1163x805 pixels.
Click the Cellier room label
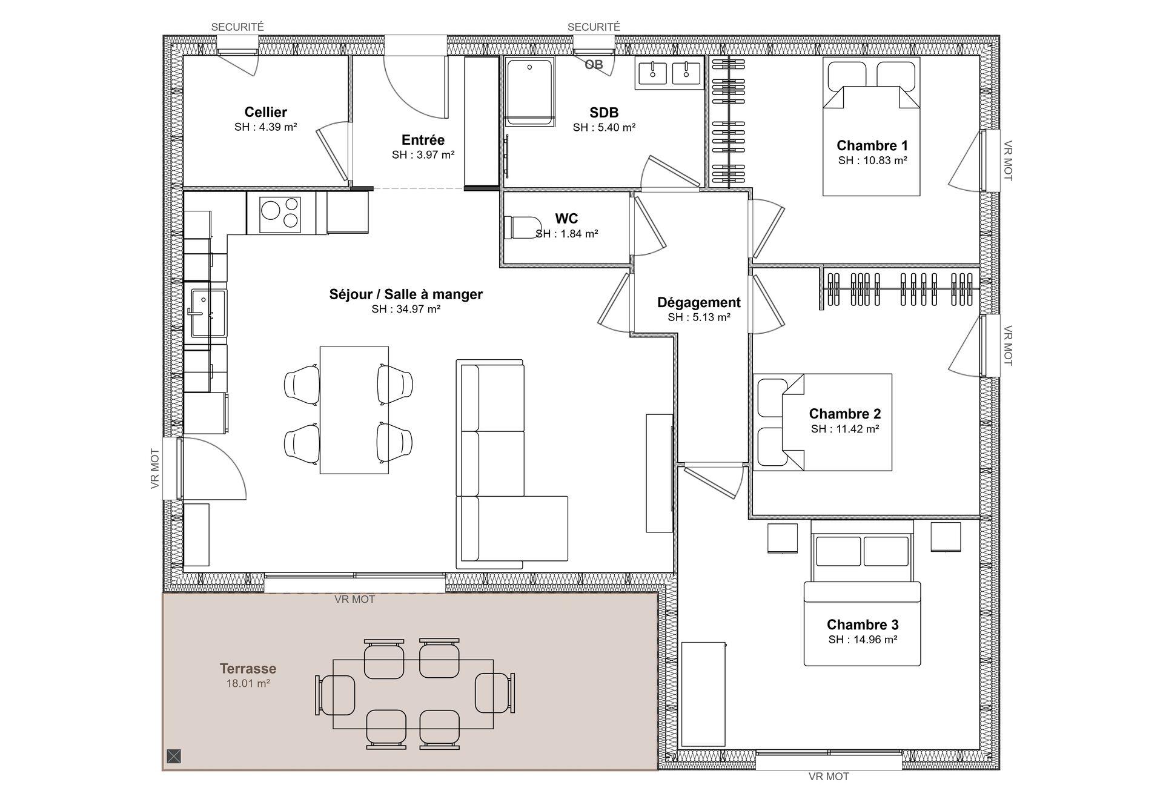pos(265,111)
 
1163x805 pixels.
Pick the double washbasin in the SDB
pos(670,73)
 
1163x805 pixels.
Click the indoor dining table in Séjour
pos(354,409)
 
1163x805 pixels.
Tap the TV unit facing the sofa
pos(659,473)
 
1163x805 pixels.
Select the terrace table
pos(413,694)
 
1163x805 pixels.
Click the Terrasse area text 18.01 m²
pos(248,683)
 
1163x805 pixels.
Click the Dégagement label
pos(698,302)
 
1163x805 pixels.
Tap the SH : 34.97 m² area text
pos(406,309)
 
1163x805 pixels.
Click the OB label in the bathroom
pos(594,64)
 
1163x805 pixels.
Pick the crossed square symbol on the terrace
pos(174,756)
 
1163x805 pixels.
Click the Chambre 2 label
pos(845,414)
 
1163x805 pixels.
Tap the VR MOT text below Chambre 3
pos(829,776)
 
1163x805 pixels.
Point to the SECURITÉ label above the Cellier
pos(237,27)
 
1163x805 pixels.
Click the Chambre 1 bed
pos(871,127)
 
